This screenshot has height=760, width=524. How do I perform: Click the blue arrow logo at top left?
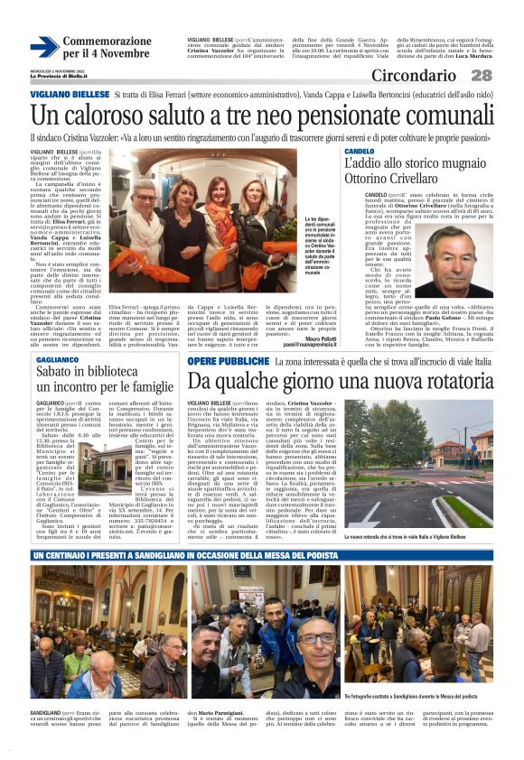(44, 48)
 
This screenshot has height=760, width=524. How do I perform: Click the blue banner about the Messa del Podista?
(262, 554)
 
